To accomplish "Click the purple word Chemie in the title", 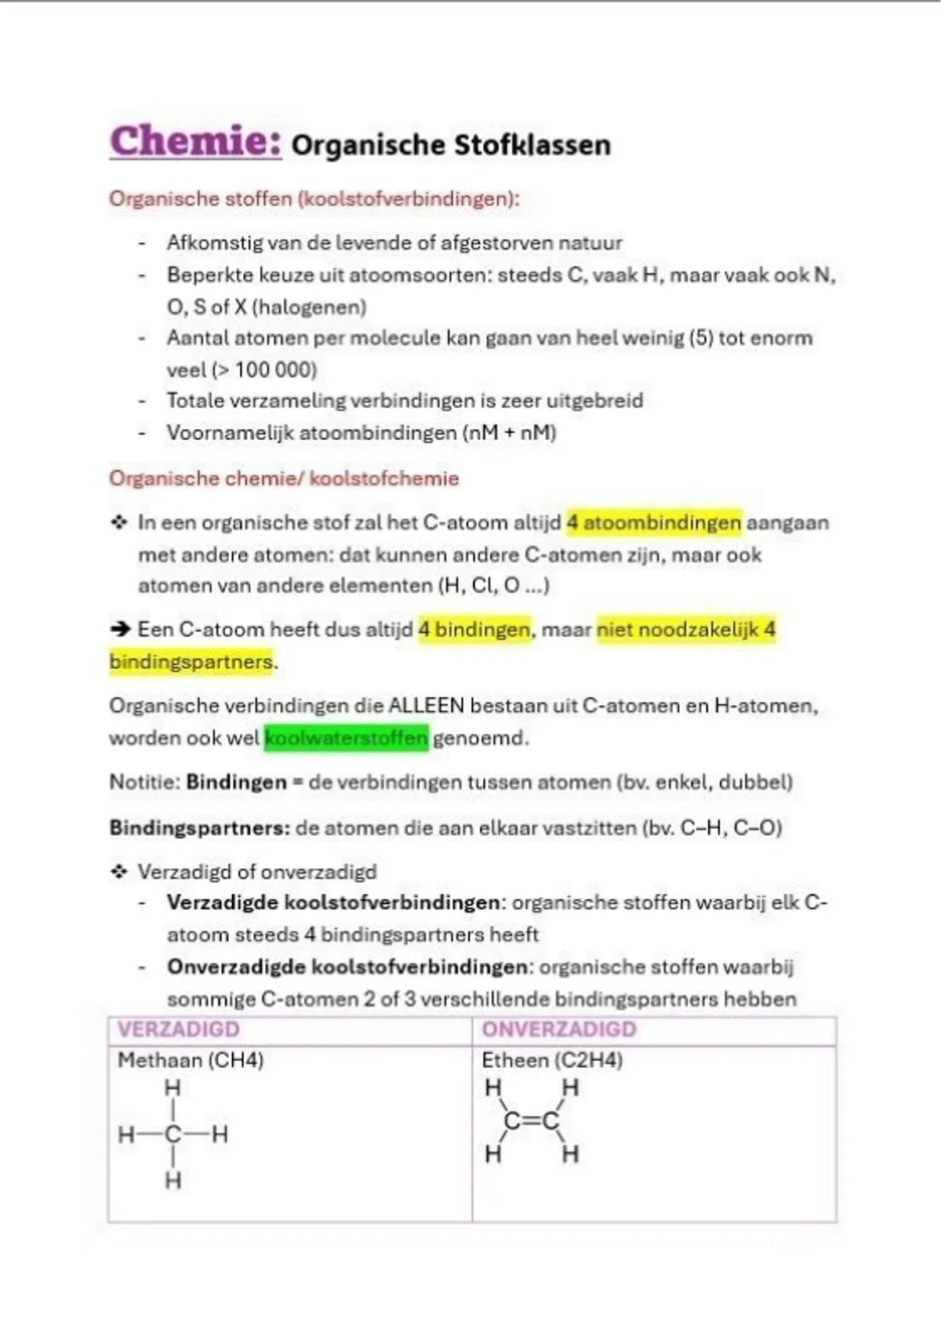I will (194, 142).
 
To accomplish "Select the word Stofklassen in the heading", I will (532, 145).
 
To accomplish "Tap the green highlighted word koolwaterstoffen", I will (346, 738).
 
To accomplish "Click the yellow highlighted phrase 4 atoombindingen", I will (653, 522).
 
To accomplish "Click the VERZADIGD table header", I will (178, 1029).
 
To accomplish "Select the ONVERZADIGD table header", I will (558, 1029).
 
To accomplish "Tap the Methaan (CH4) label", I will (191, 1060).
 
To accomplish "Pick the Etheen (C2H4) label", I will (552, 1060).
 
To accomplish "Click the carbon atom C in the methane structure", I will (173, 1134).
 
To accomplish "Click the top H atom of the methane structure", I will (173, 1088).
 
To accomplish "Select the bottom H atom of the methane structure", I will (173, 1180).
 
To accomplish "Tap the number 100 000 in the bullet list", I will (274, 369).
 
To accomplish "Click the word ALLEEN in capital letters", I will (427, 706).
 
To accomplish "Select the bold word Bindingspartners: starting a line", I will (198, 828).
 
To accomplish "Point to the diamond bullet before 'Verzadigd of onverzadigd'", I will (119, 871).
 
